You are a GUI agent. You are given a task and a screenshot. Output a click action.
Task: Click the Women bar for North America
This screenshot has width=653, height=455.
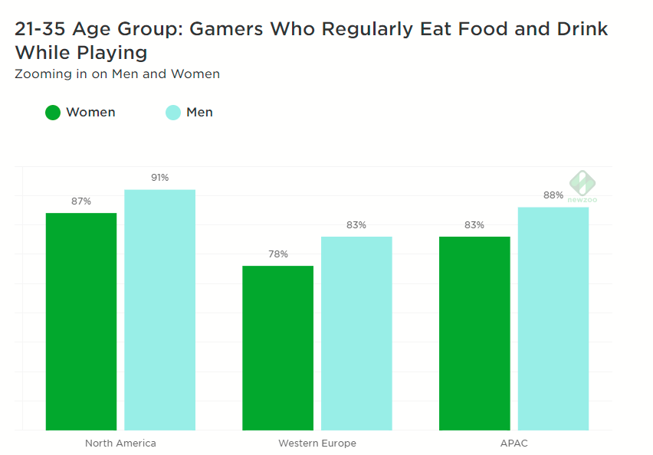(x=81, y=321)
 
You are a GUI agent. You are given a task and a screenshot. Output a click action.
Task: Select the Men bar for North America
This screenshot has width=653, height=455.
(x=159, y=309)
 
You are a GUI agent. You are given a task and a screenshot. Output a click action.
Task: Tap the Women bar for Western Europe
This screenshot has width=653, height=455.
(x=277, y=348)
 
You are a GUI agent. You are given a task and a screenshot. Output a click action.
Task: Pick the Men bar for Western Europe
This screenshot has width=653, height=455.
(x=356, y=333)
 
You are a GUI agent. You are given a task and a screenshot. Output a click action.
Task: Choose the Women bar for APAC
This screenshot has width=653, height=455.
(x=474, y=333)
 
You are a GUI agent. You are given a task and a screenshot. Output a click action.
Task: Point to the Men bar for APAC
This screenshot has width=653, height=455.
(x=553, y=319)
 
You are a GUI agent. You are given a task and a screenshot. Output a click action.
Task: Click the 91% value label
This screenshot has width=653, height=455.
(x=159, y=178)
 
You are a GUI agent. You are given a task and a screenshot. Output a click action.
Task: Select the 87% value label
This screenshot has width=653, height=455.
(x=81, y=201)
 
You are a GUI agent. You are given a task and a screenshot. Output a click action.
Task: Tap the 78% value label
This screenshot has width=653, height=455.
(x=277, y=254)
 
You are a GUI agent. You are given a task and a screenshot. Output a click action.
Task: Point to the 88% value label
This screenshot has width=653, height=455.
(x=553, y=195)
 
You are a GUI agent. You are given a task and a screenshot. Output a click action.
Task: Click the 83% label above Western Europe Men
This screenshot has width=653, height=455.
(x=356, y=225)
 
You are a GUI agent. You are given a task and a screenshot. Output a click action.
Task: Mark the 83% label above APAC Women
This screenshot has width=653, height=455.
(x=474, y=225)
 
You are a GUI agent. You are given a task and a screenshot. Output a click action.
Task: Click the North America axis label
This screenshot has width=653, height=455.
(x=120, y=444)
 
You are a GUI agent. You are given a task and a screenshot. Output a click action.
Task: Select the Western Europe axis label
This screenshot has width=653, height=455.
(x=317, y=444)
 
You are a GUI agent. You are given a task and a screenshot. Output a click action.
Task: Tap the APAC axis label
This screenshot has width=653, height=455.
(x=514, y=444)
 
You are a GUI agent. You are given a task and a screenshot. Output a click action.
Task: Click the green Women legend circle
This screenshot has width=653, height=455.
(x=53, y=113)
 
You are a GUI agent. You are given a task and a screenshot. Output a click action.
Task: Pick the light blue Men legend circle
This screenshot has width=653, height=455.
(x=173, y=113)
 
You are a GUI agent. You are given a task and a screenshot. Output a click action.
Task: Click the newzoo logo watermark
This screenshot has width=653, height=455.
(x=582, y=187)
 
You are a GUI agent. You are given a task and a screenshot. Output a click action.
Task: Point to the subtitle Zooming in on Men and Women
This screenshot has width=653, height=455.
(x=117, y=74)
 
